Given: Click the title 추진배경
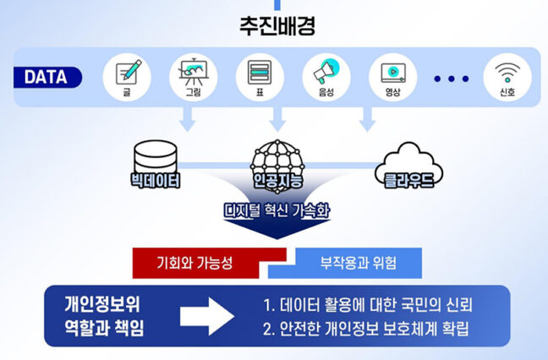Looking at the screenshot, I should point(274,26).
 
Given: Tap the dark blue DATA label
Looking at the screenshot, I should point(47,78).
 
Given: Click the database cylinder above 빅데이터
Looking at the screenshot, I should point(158,155).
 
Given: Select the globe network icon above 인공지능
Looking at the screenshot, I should point(273,154).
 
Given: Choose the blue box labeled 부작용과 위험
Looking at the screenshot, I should point(347,262).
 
